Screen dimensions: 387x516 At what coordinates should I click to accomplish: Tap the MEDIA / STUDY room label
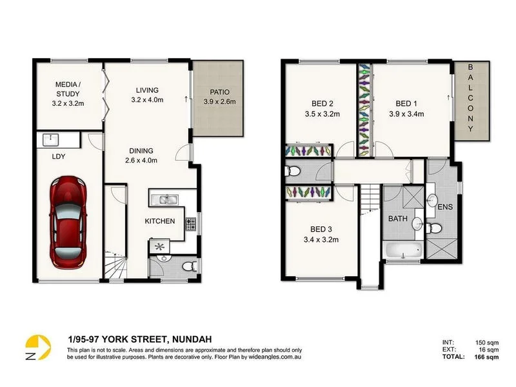click(x=67, y=89)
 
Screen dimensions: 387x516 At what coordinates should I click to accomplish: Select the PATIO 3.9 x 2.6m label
click(x=219, y=96)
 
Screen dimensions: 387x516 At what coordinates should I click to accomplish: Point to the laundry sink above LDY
click(x=50, y=139)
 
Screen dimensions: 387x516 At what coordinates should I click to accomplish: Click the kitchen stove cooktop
click(x=191, y=223)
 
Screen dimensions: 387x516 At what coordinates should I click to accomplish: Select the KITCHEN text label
click(x=159, y=221)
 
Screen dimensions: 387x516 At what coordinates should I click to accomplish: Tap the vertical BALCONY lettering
click(x=470, y=98)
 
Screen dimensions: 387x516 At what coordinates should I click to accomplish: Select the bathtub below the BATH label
click(x=402, y=252)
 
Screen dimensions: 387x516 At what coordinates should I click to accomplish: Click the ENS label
click(x=446, y=208)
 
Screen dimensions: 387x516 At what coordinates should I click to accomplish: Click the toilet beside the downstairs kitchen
click(x=188, y=264)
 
